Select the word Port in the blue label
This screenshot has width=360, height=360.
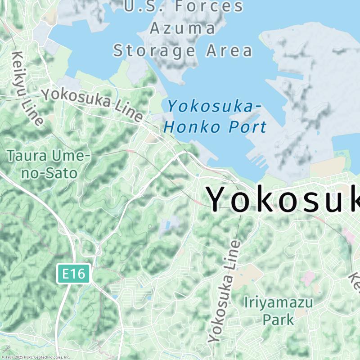click(247, 127)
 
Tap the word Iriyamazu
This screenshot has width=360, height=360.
click(278, 302)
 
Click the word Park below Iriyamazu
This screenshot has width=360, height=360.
click(278, 319)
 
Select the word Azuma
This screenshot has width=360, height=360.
click(183, 29)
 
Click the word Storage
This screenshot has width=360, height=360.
click(154, 50)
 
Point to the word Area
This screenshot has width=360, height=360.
click(229, 50)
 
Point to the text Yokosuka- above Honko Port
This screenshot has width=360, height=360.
click(214, 107)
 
